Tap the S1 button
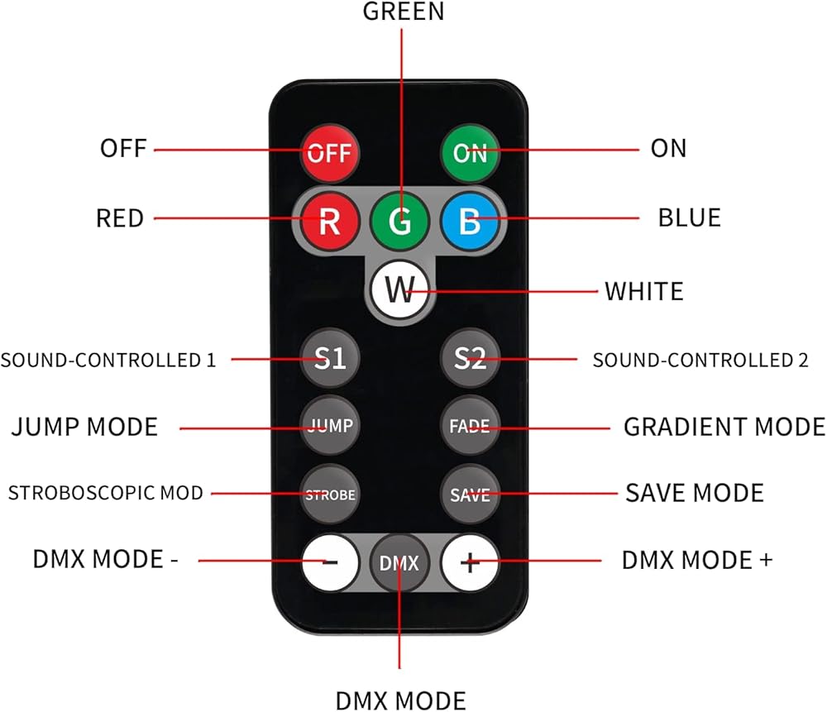(329, 358)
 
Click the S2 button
(470, 358)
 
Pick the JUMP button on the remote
(329, 426)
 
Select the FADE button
(470, 426)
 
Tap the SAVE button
(470, 495)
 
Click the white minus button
(329, 562)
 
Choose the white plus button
(470, 562)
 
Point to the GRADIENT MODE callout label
(724, 427)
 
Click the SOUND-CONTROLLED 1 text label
(108, 360)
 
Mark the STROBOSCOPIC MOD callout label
(105, 493)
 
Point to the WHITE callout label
(643, 291)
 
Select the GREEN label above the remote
(403, 12)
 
